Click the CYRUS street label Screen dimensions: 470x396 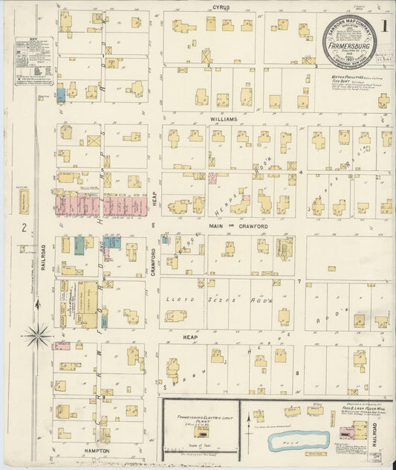pyautogui.click(x=221, y=7)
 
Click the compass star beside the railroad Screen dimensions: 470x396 pyautogui.click(x=37, y=336)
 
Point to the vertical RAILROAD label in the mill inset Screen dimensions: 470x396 pyautogui.click(x=386, y=435)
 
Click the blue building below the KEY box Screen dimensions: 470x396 pyautogui.click(x=61, y=95)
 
